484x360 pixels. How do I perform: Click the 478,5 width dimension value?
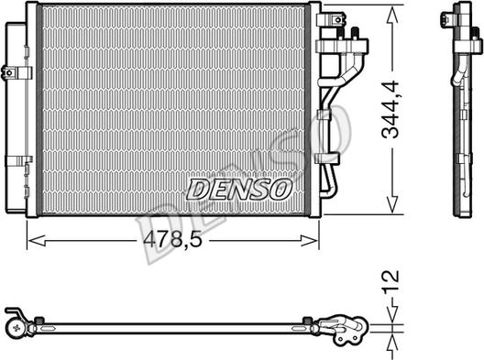click(x=173, y=240)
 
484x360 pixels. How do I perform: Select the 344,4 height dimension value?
click(x=390, y=109)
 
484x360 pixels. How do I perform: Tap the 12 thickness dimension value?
click(x=390, y=281)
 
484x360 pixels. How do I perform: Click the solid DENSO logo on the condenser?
click(x=239, y=189)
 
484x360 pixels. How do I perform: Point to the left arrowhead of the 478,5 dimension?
click(x=37, y=241)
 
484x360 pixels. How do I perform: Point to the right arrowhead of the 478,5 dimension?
click(x=310, y=241)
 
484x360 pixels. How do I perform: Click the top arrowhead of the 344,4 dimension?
click(x=392, y=16)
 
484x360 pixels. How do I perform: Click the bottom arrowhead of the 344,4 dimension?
click(x=392, y=203)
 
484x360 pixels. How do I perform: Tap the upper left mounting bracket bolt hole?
click(x=9, y=73)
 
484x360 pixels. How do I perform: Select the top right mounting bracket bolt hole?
click(x=338, y=20)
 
